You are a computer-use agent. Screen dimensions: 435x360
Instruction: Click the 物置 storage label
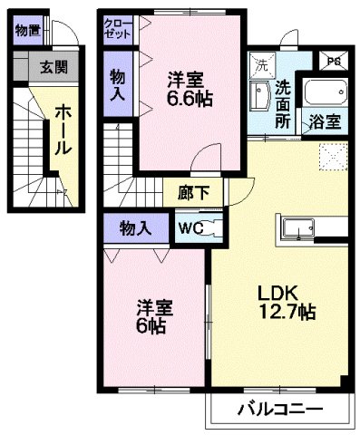(26, 28)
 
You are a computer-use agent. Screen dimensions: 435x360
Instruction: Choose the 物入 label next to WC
(134, 228)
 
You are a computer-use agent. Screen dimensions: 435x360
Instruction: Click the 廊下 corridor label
(190, 193)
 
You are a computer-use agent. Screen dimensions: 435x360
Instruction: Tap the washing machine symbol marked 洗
(259, 65)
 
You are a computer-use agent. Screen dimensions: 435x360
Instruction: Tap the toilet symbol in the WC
(209, 229)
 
